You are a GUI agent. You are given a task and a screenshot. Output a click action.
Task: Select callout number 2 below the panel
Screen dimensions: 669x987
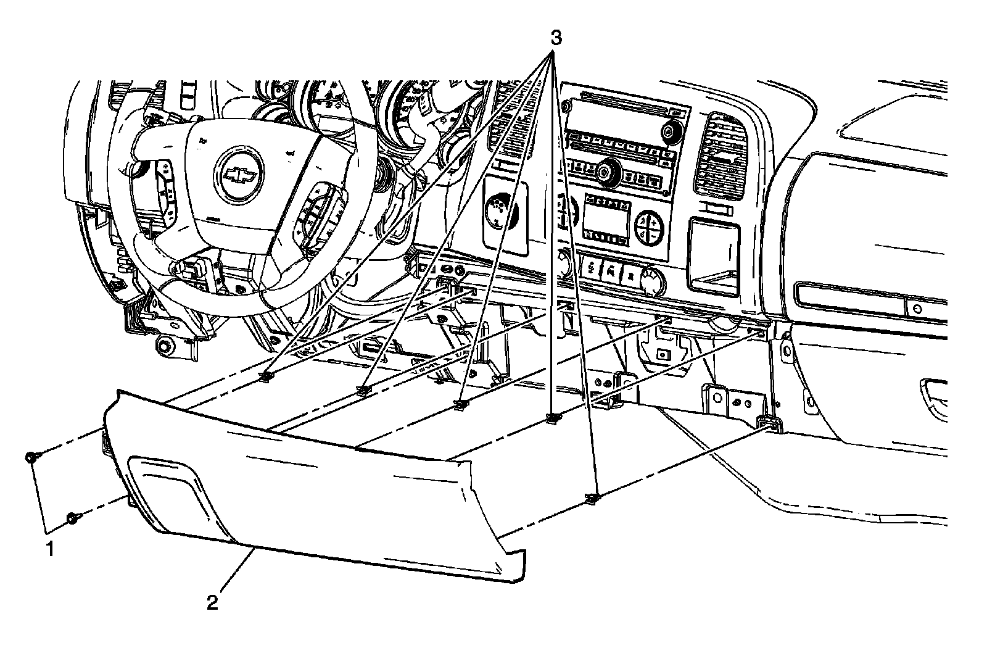pyautogui.click(x=212, y=602)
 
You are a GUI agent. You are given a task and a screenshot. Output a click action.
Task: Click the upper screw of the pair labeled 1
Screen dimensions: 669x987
pyautogui.click(x=30, y=457)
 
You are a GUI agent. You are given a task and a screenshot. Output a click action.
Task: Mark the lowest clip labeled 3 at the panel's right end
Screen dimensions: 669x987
pyautogui.click(x=592, y=497)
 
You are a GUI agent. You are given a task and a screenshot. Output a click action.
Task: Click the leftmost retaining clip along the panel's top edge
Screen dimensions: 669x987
pyautogui.click(x=266, y=376)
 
